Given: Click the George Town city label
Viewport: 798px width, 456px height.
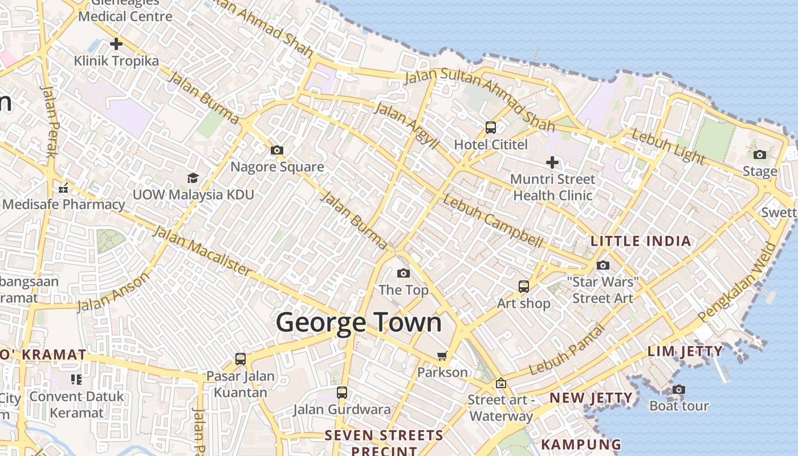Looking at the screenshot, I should coord(359,322).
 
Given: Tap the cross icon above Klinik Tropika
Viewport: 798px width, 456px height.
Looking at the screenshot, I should coord(116,44).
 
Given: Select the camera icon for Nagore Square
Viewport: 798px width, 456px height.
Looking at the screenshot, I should coord(277,150).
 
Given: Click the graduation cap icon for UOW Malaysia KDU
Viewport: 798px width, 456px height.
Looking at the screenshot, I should coord(193,178).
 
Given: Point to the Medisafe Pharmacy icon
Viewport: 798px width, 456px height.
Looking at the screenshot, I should coord(63,188).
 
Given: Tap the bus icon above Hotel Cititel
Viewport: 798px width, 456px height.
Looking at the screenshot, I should coord(491,127).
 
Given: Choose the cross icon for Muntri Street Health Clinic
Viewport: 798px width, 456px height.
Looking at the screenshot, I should coord(552,162).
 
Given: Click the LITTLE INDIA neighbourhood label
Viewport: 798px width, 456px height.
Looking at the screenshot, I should coord(641,241).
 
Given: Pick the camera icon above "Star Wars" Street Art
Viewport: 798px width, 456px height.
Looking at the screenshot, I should coord(603,265).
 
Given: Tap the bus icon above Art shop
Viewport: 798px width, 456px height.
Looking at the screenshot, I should coord(523,286).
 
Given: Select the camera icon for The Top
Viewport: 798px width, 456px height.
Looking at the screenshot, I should coord(403,273).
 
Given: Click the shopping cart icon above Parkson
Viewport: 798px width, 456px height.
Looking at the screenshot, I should coord(442,356).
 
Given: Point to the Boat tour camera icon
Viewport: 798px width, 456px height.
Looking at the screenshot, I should coord(678,389).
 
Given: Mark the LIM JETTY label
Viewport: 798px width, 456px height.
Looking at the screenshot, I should coord(685,351).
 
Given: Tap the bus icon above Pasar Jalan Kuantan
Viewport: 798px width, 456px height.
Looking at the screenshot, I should coord(241,359).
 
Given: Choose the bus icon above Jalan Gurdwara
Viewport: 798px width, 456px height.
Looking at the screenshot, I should coord(342,392).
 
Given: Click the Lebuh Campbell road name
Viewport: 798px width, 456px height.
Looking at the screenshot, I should coord(492,222).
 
